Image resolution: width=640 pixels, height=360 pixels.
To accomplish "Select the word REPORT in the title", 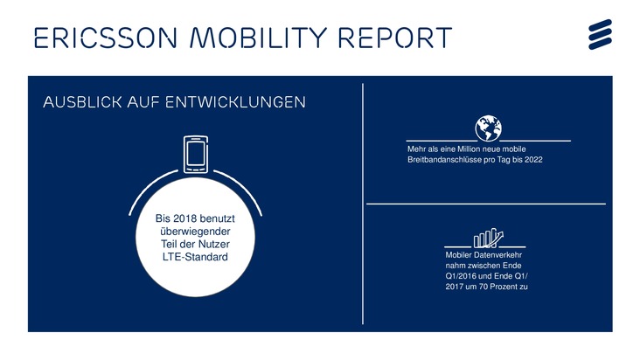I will (x=394, y=38).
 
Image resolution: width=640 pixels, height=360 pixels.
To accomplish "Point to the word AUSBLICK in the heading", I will (x=82, y=102).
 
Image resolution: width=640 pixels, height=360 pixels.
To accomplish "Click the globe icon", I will (x=488, y=128).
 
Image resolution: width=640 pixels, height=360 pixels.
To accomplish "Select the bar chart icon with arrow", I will (x=489, y=238).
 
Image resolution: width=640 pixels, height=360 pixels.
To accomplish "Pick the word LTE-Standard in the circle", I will (x=195, y=258).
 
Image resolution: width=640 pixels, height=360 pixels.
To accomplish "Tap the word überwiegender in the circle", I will (x=194, y=230).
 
